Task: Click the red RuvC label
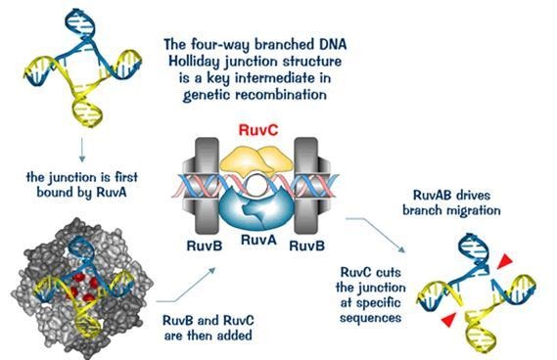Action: coord(278,128)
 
